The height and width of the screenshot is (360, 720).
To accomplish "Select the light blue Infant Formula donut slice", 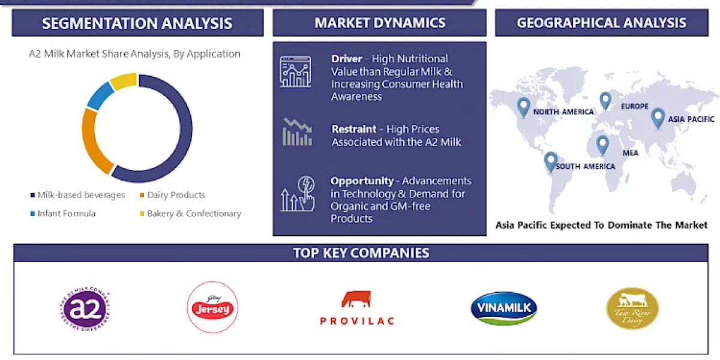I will [100, 96].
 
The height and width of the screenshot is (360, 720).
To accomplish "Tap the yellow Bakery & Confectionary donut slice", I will [124, 80].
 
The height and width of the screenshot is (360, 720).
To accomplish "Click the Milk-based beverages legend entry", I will [77, 195].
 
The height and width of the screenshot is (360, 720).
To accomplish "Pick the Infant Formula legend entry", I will [63, 214].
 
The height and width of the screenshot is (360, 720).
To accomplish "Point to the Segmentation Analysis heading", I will [137, 23].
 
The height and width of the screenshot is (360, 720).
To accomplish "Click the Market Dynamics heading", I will [380, 23].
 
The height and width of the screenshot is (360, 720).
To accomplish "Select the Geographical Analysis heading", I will [601, 23].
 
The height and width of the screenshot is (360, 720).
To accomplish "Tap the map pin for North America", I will [524, 107].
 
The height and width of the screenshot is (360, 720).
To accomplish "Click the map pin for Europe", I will [605, 100].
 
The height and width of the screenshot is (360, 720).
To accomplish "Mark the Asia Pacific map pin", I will [658, 118].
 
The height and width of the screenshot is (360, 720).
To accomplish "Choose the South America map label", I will [585, 166].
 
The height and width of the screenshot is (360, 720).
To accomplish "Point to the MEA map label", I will [630, 153].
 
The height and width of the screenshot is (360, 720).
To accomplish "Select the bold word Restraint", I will [354, 129].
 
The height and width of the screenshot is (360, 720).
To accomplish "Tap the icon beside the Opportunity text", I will [296, 194].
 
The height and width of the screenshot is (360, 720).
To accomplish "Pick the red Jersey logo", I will [213, 308].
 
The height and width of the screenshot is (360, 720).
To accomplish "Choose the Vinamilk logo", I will [503, 308].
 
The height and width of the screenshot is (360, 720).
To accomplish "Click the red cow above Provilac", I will [356, 299].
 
